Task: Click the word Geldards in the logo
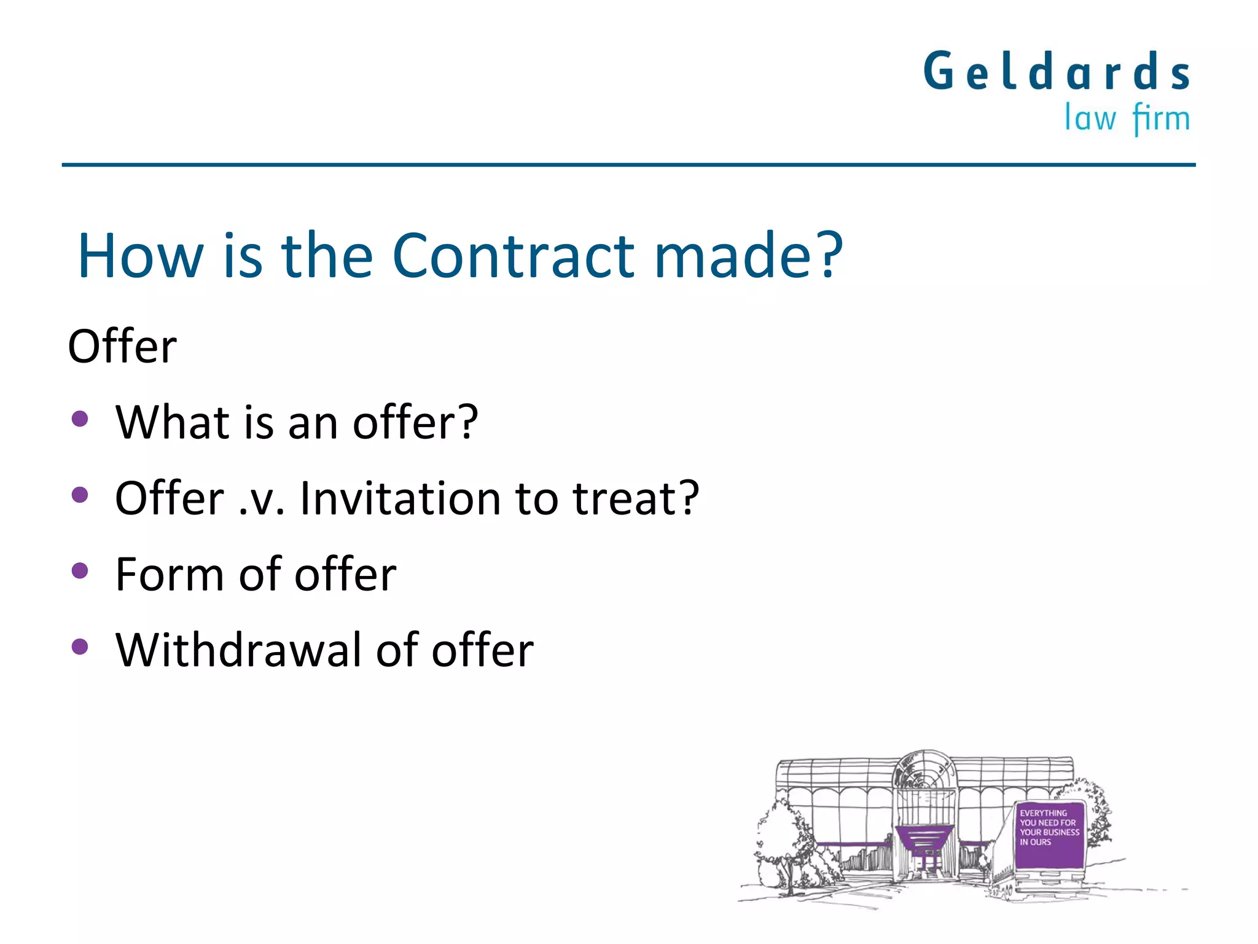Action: (1057, 72)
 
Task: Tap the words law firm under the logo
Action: (1127, 118)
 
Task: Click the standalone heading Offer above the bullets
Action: (122, 347)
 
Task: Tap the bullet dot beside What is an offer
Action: (80, 419)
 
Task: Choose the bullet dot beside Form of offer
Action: (80, 571)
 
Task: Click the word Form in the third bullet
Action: (170, 574)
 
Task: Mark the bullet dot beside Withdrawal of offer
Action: (80, 647)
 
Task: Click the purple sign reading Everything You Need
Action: (1049, 835)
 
